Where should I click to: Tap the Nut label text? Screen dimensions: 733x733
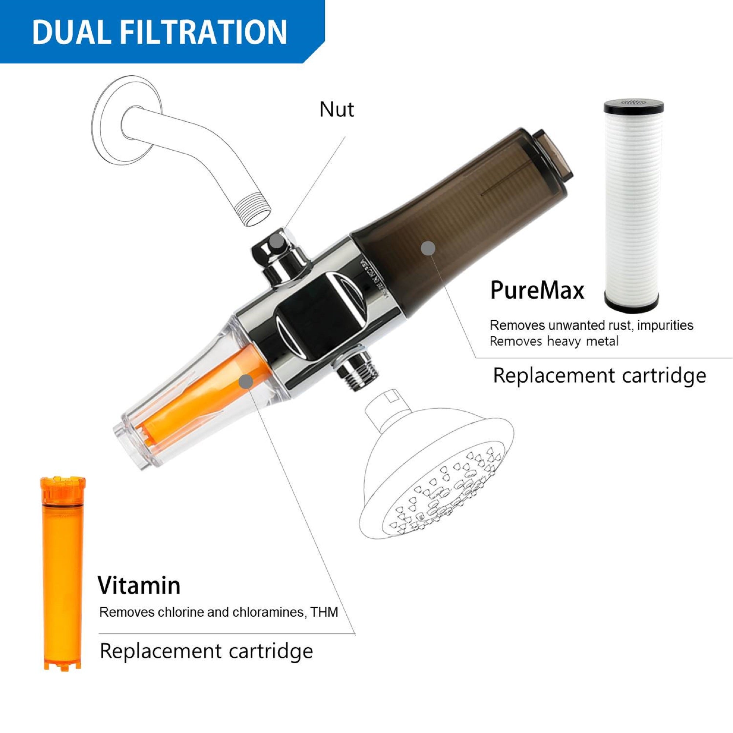pos(336,110)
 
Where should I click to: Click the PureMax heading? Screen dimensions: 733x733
pos(537,291)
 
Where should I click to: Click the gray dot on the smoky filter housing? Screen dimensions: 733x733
pos(429,248)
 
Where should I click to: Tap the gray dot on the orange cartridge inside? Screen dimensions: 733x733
pos(247,381)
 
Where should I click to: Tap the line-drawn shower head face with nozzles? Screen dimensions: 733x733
pos(440,493)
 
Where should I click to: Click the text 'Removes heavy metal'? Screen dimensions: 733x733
pos(553,341)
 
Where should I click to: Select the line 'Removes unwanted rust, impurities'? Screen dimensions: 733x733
pos(591,325)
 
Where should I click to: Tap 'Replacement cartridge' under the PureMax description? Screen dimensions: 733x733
pos(599,376)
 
